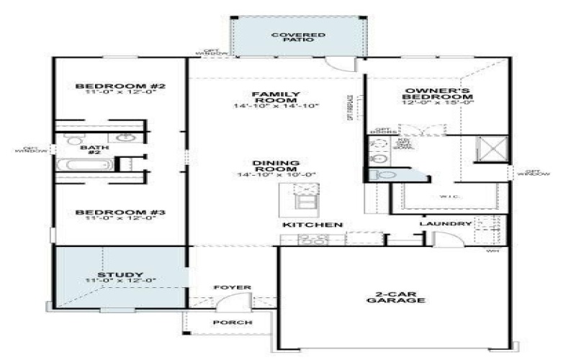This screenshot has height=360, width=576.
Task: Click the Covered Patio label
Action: pyautogui.click(x=298, y=38)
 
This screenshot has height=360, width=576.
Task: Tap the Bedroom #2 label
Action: pyautogui.click(x=121, y=86)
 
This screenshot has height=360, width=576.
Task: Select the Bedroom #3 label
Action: pyautogui.click(x=121, y=212)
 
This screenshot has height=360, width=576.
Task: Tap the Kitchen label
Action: pyautogui.click(x=312, y=225)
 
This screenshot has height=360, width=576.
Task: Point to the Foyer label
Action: pyautogui.click(x=233, y=288)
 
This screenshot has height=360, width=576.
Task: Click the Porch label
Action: pyautogui.click(x=233, y=322)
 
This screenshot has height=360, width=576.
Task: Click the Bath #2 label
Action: pyautogui.click(x=94, y=148)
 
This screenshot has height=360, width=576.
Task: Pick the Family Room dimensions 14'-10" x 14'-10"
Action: pyautogui.click(x=276, y=107)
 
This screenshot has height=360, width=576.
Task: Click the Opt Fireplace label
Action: pyautogui.click(x=351, y=108)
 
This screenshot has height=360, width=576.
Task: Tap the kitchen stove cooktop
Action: pyautogui.click(x=313, y=239)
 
